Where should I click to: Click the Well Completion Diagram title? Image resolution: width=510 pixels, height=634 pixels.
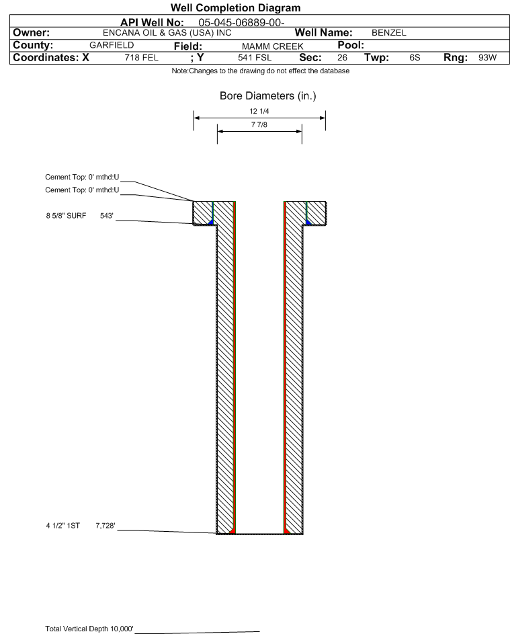pos(236,7)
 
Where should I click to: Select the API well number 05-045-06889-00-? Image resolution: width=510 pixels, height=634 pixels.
pos(241,22)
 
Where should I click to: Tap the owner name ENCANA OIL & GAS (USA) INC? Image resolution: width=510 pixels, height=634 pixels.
pos(167,33)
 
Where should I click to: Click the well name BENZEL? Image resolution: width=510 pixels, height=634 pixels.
pos(389,33)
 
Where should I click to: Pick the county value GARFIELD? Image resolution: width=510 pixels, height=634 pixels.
pos(112,45)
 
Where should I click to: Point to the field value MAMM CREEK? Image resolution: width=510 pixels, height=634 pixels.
pos(272,46)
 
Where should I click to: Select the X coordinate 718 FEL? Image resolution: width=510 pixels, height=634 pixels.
pos(141,58)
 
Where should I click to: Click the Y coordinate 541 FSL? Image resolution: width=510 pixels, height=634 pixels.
pos(255,58)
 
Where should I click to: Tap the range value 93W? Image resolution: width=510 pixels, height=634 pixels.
pos(487,58)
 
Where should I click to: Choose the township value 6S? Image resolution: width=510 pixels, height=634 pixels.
pos(415,58)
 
